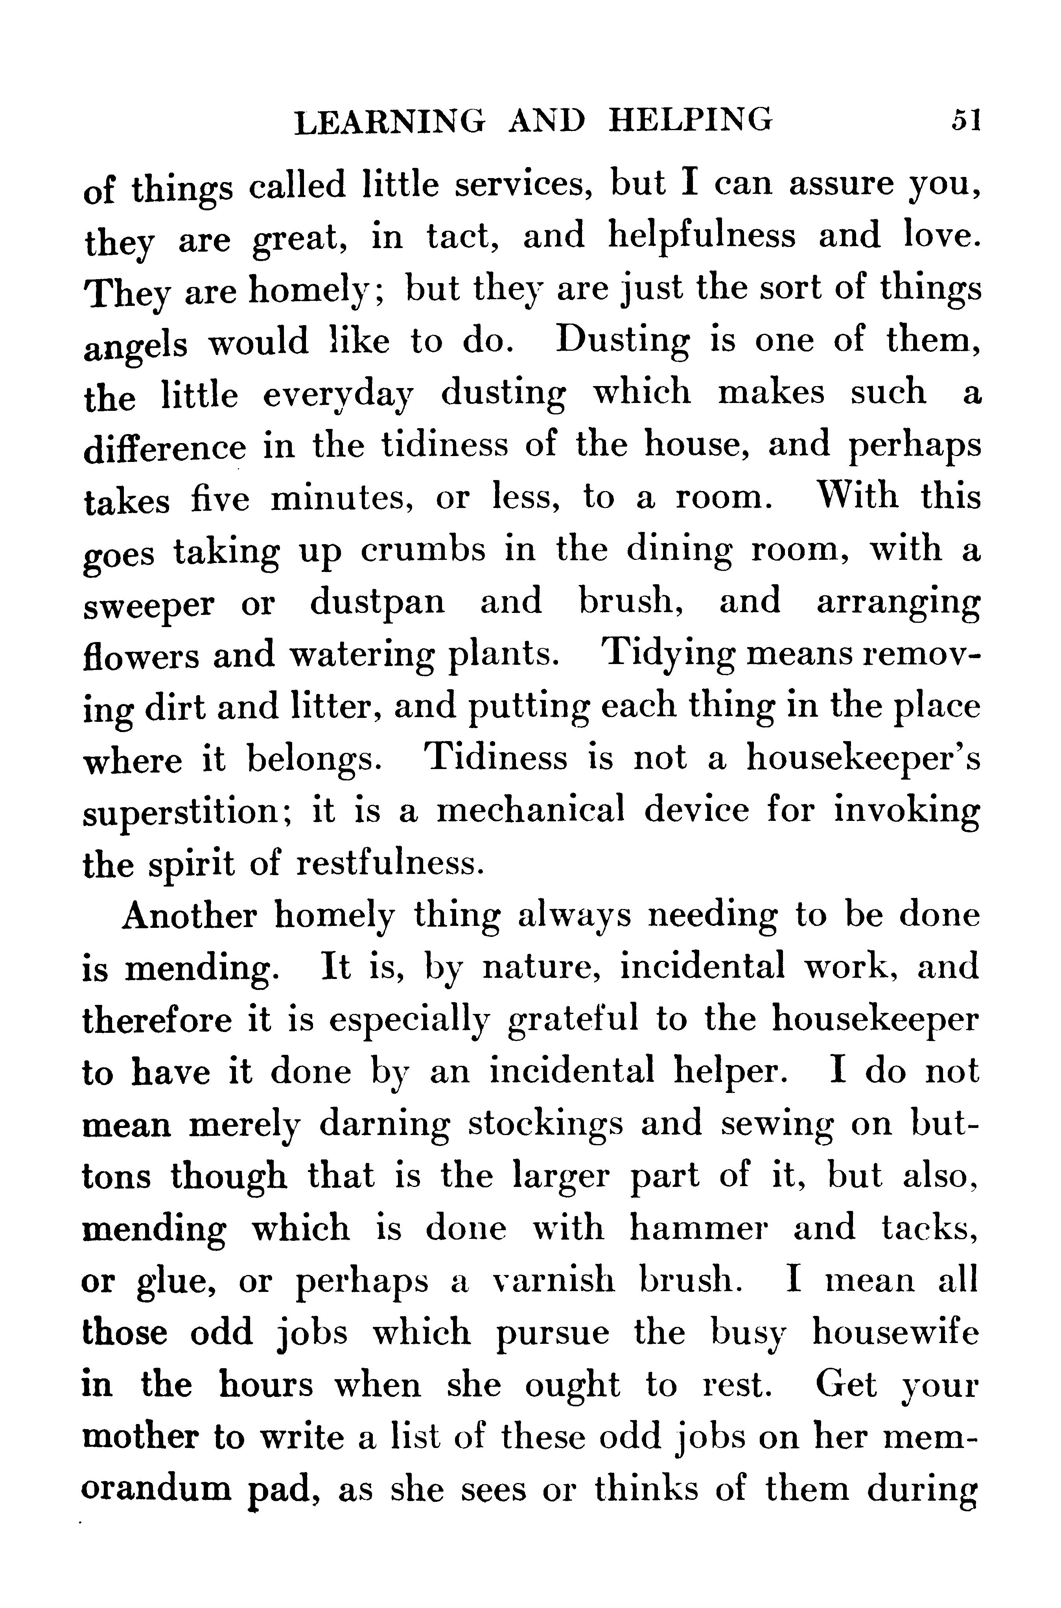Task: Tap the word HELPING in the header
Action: coord(690,120)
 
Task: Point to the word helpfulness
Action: coord(702,237)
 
